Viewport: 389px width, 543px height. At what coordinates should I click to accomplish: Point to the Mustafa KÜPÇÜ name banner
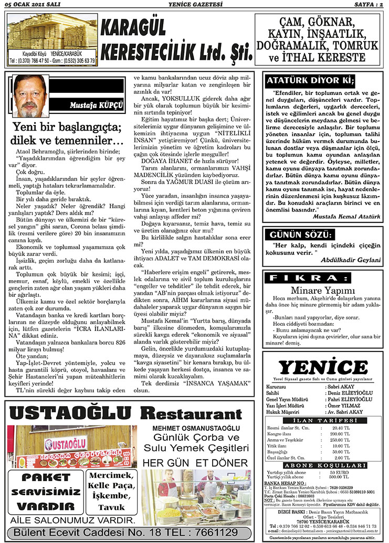coord(96,105)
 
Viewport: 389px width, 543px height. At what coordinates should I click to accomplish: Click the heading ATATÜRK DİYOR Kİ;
coord(311,81)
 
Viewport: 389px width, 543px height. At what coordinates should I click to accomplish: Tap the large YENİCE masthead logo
coord(323,368)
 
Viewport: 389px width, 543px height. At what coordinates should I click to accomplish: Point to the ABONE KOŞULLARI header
coord(323,465)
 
